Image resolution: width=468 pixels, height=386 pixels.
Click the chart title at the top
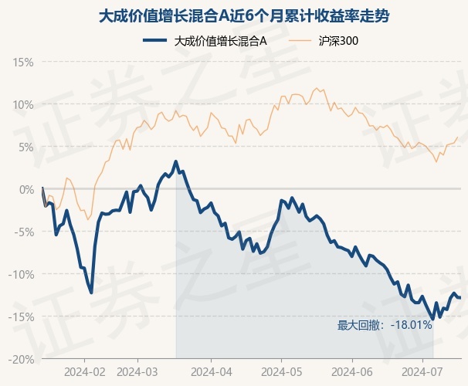coord(244,15)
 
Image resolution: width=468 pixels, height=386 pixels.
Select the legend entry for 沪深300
coord(324,41)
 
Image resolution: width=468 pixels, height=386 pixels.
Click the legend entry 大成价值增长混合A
coord(205,41)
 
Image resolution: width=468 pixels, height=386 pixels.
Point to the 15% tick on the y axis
coord(23,63)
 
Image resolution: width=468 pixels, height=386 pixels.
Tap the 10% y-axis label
coord(23,105)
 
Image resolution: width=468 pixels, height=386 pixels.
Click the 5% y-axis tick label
coord(26,147)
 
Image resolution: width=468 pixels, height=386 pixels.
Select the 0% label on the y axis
coord(26,190)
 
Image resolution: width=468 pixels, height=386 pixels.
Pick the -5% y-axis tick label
coord(24,232)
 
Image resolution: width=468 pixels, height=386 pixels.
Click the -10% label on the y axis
coord(21,274)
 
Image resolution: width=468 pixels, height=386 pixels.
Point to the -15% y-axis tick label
coord(21,317)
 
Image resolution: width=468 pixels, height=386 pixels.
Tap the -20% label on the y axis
coord(21,360)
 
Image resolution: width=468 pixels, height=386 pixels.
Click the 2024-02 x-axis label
coord(85,372)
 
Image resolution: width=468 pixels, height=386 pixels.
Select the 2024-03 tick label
coord(137,372)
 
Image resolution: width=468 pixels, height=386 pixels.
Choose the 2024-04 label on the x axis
coord(212,372)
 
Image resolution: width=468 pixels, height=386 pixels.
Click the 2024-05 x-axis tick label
coord(281,372)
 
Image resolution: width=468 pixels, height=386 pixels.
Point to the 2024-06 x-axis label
coord(352,372)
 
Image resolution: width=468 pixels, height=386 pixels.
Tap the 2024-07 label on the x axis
coord(422,372)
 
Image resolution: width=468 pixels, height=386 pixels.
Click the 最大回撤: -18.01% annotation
coord(385,325)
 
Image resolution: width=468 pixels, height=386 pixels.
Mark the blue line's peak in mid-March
coord(176,162)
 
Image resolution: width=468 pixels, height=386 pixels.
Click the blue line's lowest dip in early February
coord(91,293)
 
